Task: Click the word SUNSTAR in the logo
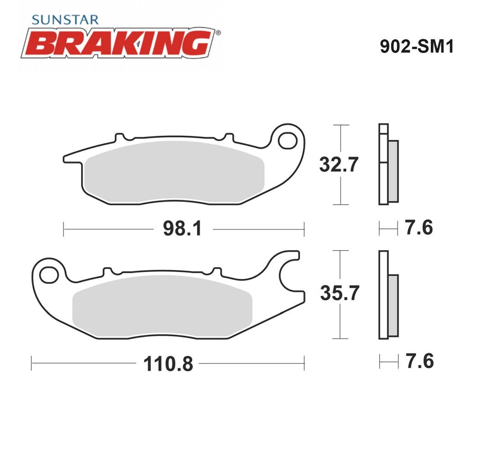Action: tap(65, 20)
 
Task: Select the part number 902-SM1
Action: tap(417, 47)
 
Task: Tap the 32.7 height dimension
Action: tap(339, 164)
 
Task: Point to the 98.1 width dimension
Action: tap(182, 228)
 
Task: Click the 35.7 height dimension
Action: tap(340, 293)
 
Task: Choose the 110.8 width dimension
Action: tap(168, 364)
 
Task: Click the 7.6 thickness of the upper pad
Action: tap(419, 228)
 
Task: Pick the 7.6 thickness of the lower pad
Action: tap(420, 361)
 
